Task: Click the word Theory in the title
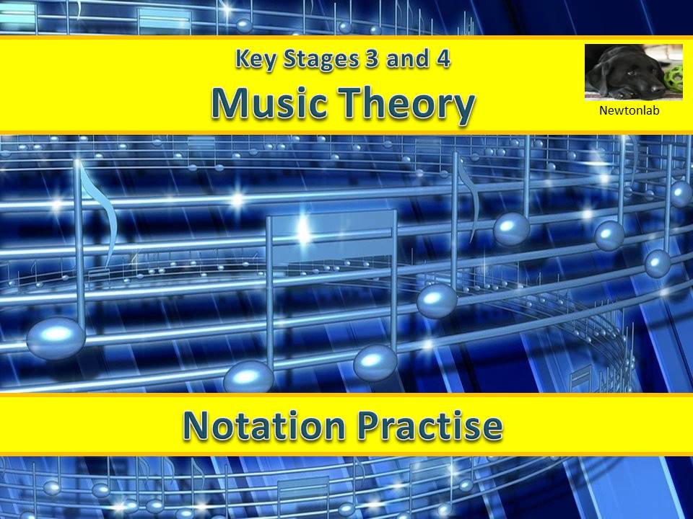tap(408, 105)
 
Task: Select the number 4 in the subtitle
tap(443, 59)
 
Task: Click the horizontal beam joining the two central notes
tap(332, 214)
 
